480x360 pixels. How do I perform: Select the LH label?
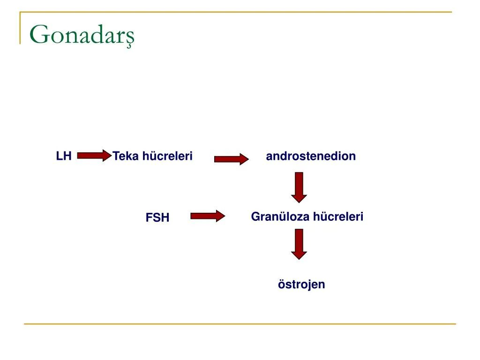[x=64, y=156]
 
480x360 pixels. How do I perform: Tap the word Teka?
[x=126, y=156]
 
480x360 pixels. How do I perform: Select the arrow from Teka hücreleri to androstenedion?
[x=231, y=159]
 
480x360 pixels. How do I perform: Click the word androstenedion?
[x=311, y=156]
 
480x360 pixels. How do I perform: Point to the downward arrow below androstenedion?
[x=299, y=187]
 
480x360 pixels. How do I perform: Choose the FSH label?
[x=157, y=217]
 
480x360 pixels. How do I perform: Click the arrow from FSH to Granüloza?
[x=208, y=216]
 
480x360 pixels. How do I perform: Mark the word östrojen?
[x=301, y=285]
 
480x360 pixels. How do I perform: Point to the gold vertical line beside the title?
[x=20, y=28]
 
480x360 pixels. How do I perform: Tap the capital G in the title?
[x=39, y=35]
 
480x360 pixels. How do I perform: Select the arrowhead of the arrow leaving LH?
[x=106, y=156]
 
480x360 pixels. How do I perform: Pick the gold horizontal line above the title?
[x=234, y=12]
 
